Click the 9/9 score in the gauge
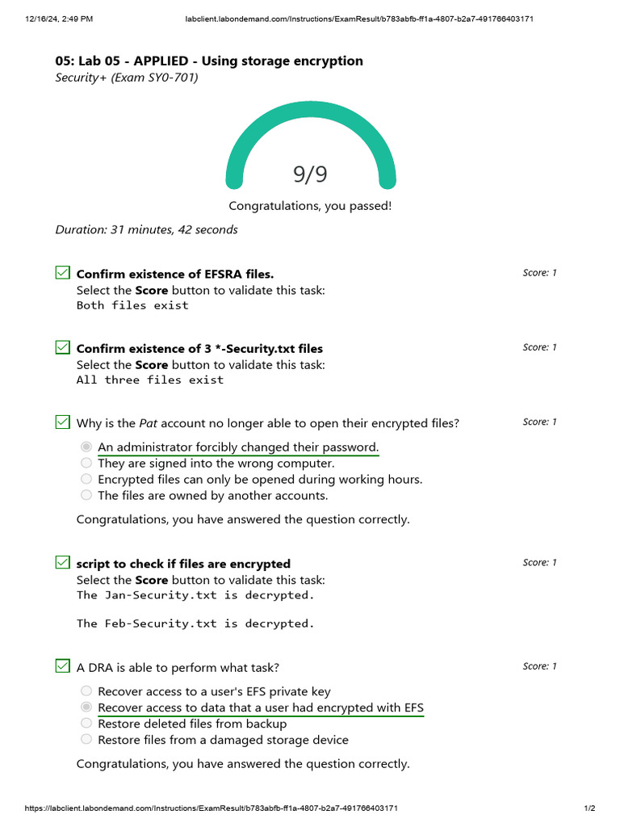(x=310, y=174)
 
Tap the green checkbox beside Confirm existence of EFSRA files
(x=62, y=273)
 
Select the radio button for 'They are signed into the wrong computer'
(x=86, y=464)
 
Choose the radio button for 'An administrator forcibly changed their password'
(x=86, y=447)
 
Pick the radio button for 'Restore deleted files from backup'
(x=86, y=724)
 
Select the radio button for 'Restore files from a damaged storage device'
(x=86, y=740)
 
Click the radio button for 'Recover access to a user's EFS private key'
(x=86, y=691)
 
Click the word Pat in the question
(x=148, y=423)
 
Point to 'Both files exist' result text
(x=132, y=305)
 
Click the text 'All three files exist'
(x=150, y=380)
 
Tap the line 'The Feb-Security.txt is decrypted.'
(x=195, y=623)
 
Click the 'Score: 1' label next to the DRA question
(x=539, y=666)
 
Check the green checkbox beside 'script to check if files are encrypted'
(x=62, y=563)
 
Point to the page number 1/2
(x=589, y=808)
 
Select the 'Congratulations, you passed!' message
(x=310, y=206)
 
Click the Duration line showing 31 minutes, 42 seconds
(x=146, y=229)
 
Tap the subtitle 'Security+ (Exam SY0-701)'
(x=127, y=78)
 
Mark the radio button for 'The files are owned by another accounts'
(x=86, y=496)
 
